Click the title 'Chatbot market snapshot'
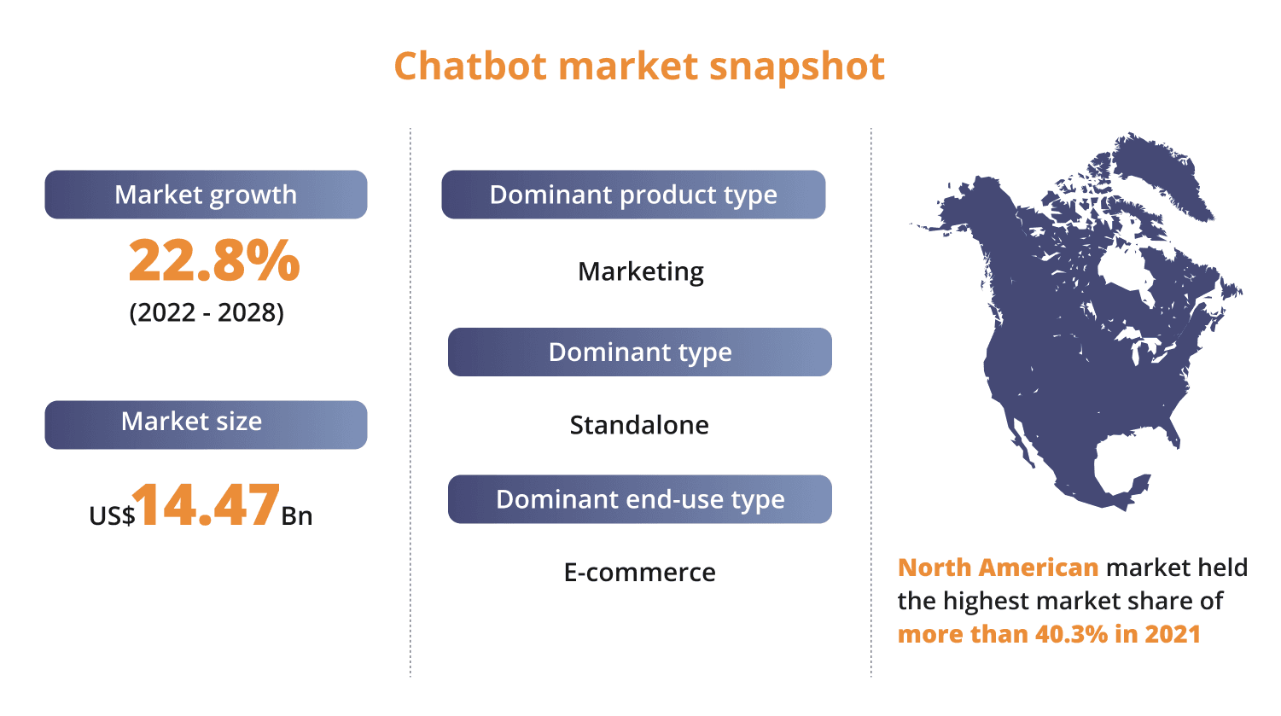pyautogui.click(x=639, y=67)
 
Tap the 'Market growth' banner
pyautogui.click(x=206, y=195)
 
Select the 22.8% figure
pyautogui.click(x=214, y=260)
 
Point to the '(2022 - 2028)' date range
pyautogui.click(x=207, y=312)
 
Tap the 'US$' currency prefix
pyautogui.click(x=112, y=515)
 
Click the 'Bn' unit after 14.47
pyautogui.click(x=297, y=515)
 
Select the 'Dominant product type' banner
pyautogui.click(x=633, y=195)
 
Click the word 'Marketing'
pyautogui.click(x=641, y=271)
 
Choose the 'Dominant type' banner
pyautogui.click(x=640, y=352)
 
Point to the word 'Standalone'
pyautogui.click(x=639, y=425)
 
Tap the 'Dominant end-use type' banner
pyautogui.click(x=640, y=499)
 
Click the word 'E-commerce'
pyautogui.click(x=640, y=572)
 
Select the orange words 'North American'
pyautogui.click(x=998, y=568)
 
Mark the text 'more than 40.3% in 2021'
pyautogui.click(x=1049, y=634)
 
